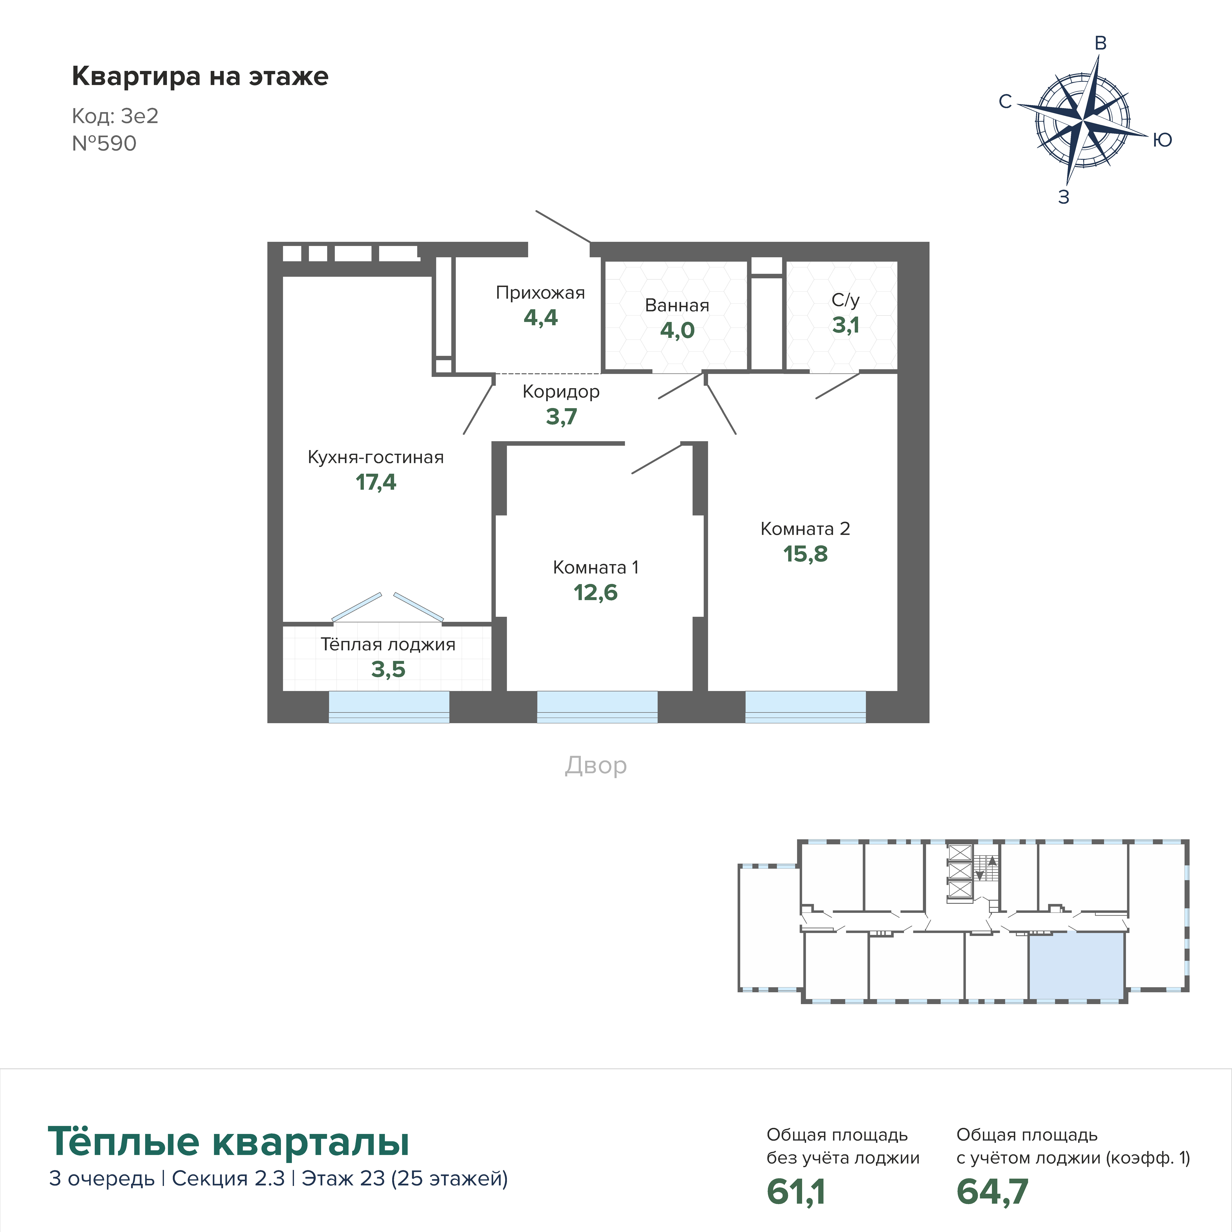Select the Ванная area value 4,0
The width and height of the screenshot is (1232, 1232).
[677, 330]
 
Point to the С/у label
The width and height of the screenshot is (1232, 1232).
[846, 300]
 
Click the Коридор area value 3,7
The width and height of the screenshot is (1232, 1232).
[561, 416]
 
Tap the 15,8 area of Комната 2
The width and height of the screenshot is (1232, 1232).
[805, 554]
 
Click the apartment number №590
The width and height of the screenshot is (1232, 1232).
[104, 143]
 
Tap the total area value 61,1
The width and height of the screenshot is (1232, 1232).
[796, 1191]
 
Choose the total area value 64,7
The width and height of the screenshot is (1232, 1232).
[992, 1191]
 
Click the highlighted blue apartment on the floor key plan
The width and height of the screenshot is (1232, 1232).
[1076, 967]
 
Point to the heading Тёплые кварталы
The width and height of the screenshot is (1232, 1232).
[228, 1141]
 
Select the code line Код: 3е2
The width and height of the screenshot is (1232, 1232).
[115, 116]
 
